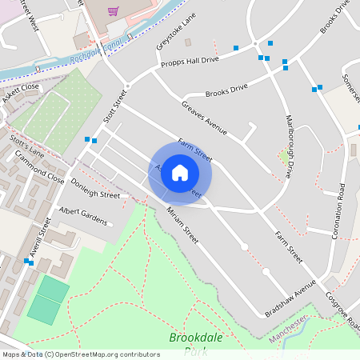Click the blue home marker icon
click(180, 172)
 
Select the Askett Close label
click(20, 87)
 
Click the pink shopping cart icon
click(114, 11)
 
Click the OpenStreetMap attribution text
click(80, 354)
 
